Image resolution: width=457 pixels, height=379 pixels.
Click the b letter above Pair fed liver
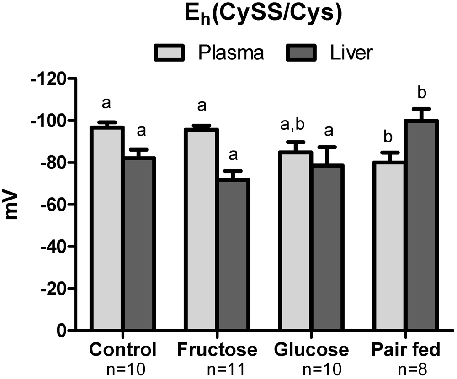tap(422, 93)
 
